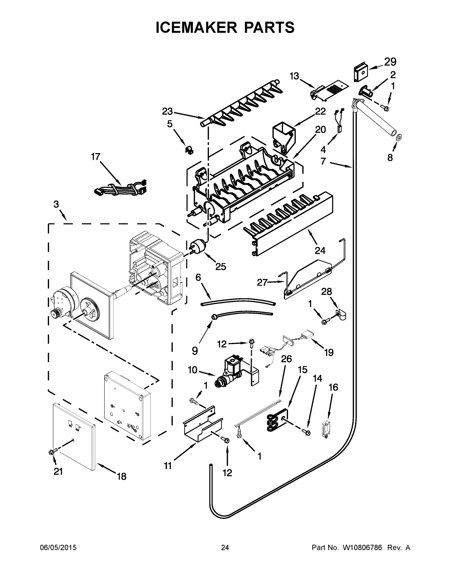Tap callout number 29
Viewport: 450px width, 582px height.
coord(390,62)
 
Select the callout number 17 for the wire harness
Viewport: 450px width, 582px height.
coord(95,157)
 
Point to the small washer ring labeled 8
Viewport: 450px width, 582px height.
coord(399,137)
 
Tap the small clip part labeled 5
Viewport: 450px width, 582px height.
coord(189,150)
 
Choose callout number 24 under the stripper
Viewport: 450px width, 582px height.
coord(320,251)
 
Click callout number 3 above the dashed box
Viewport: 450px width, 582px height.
coord(56,204)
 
